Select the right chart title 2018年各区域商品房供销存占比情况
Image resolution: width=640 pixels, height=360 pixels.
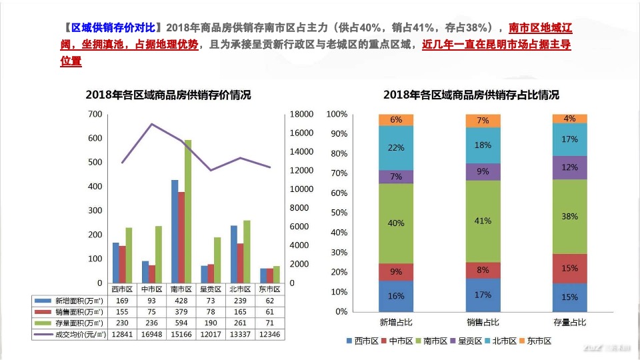coord(471,95)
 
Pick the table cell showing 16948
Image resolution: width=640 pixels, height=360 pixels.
coord(153,333)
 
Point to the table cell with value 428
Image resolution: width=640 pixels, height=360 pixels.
coord(181,301)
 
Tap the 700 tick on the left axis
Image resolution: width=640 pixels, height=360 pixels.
coord(95,115)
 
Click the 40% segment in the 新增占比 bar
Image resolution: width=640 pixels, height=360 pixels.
coord(396,223)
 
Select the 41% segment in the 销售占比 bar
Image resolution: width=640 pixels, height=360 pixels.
coord(483,221)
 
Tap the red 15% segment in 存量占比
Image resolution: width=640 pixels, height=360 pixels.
coord(569,268)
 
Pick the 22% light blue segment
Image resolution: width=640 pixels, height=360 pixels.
coord(396,147)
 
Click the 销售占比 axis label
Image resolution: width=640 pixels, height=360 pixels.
coord(483,323)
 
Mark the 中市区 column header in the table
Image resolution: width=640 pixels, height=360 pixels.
coord(153,289)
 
